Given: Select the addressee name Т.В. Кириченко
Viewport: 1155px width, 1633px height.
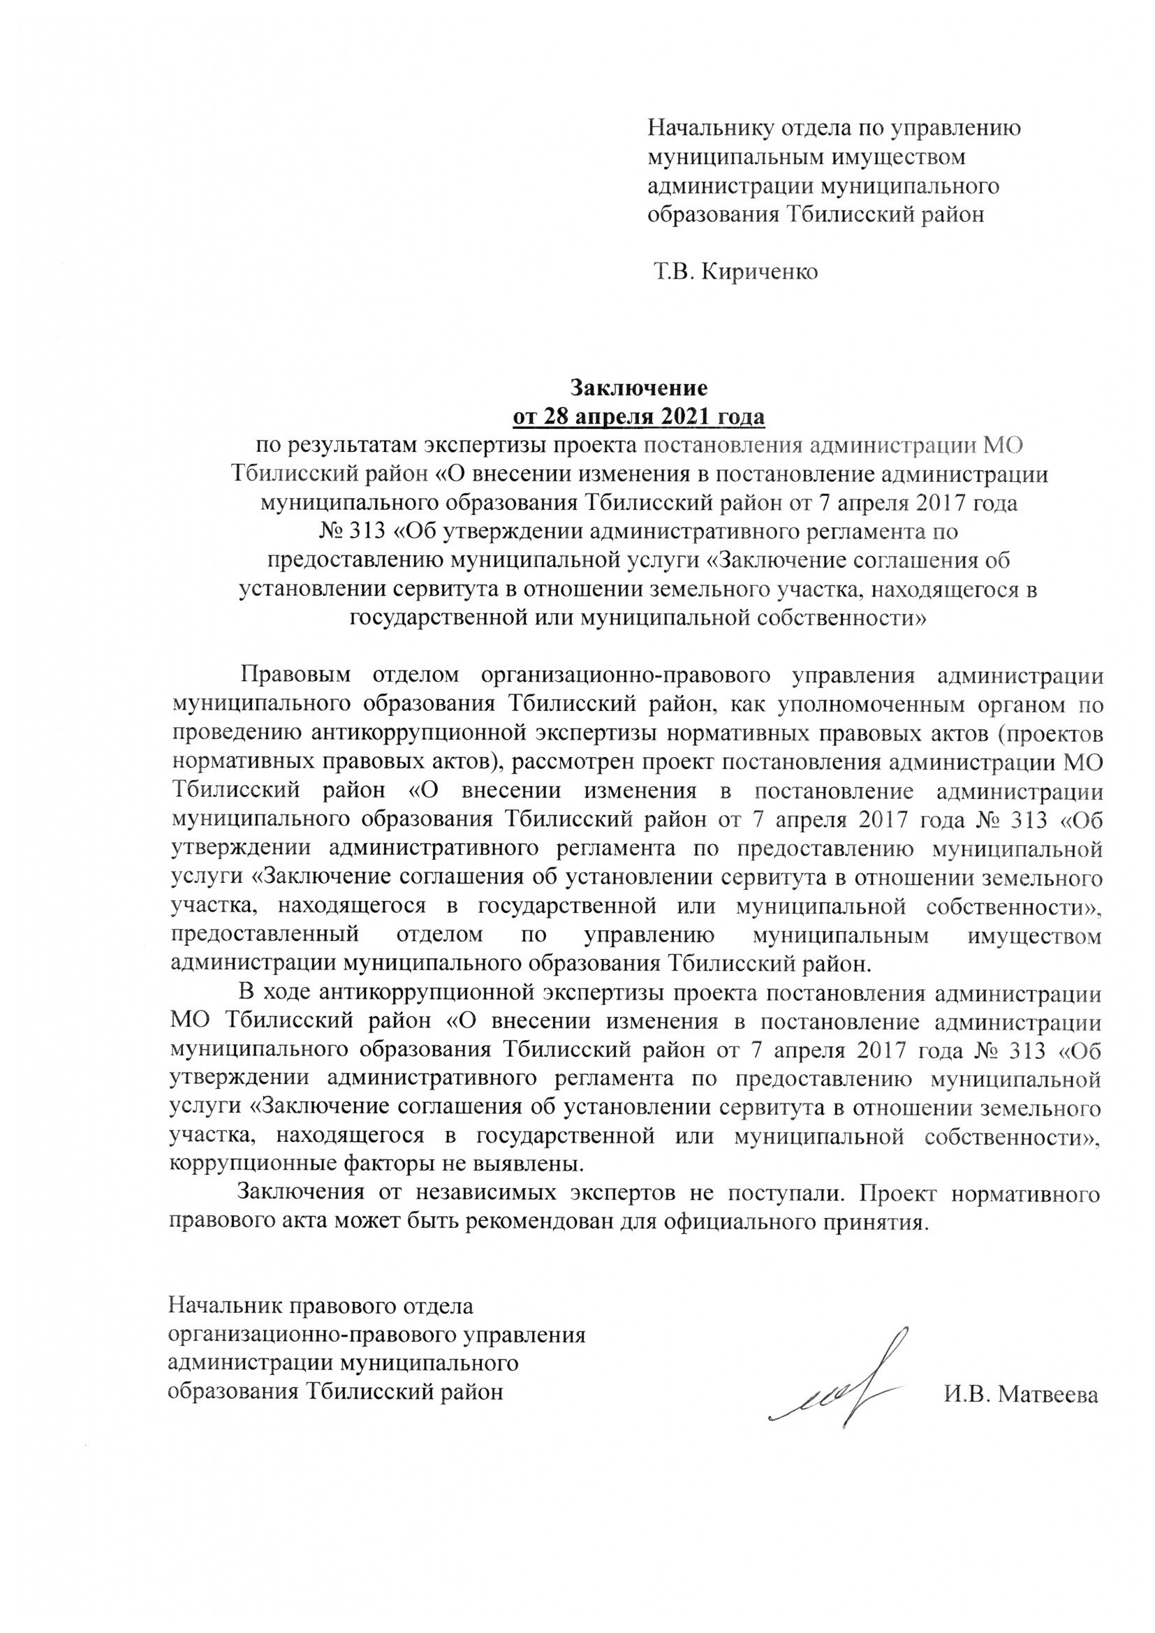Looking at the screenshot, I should click(x=735, y=272).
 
